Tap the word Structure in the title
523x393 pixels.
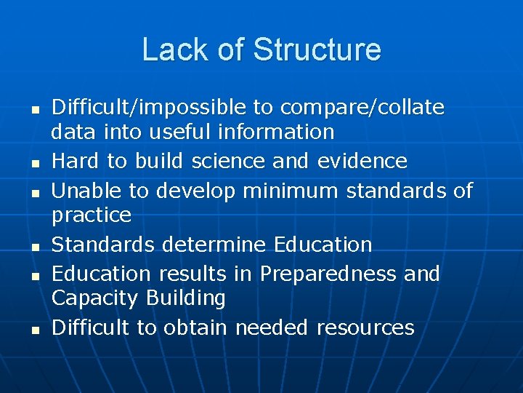pos(317,49)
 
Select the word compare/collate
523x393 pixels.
pos(362,108)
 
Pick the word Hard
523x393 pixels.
pos(78,161)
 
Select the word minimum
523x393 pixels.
pos(291,191)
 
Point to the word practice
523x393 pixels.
pos(92,215)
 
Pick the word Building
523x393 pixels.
pos(185,298)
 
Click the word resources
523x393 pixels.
pos(365,327)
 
